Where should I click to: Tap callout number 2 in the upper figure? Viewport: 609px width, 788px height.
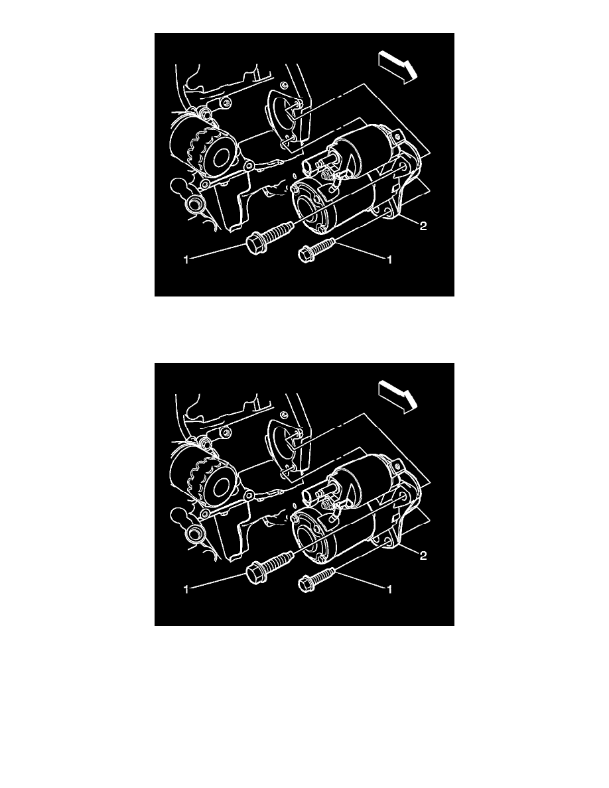point(423,226)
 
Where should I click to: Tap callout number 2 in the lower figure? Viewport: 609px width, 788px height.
point(423,556)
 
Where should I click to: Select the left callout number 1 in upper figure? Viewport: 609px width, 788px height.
point(188,261)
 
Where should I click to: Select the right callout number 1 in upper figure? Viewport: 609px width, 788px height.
point(389,261)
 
